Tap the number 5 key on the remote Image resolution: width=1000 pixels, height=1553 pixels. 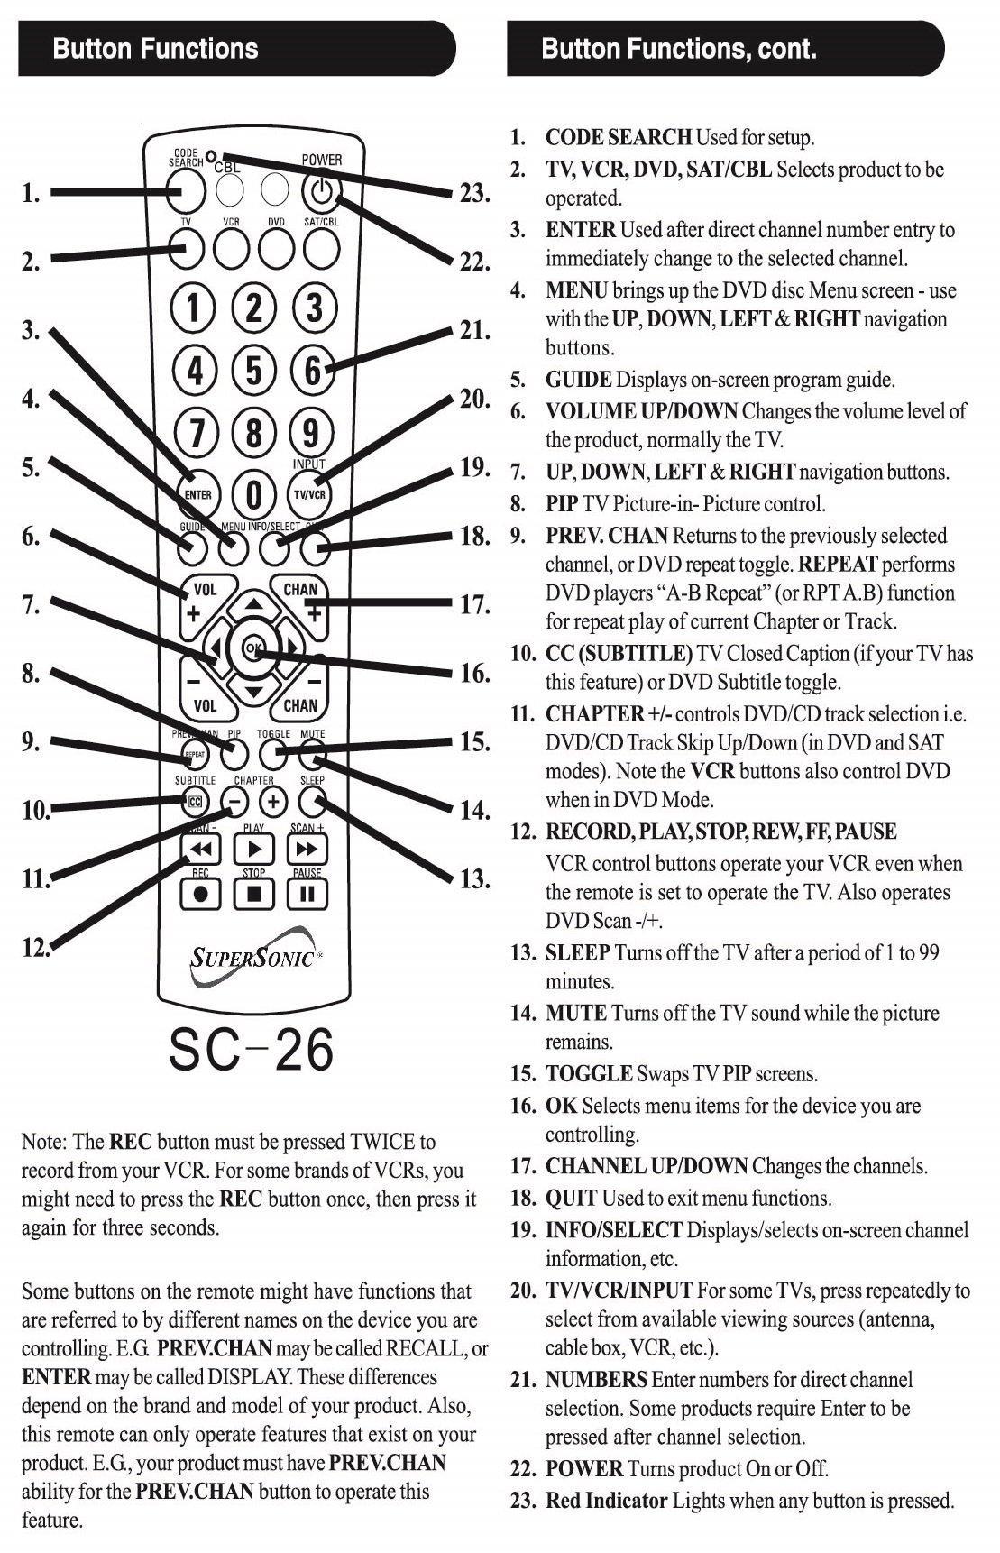coord(254,370)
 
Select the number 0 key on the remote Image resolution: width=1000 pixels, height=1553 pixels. coord(254,493)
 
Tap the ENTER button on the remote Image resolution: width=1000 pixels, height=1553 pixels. coord(197,493)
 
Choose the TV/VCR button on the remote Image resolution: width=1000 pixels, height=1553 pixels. coord(309,494)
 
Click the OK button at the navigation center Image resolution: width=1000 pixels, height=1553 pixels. coord(254,648)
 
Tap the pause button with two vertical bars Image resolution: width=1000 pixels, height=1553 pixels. coord(307,895)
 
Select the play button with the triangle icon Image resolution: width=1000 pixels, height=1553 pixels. coord(254,850)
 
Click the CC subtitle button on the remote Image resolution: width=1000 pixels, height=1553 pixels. coord(196,801)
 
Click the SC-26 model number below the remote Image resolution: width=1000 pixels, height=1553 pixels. coord(252,1050)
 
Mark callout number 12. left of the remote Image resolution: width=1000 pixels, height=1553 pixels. coord(35,947)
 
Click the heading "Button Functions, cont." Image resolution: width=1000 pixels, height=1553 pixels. coord(678,49)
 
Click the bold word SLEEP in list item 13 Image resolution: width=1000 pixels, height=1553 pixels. coord(578,953)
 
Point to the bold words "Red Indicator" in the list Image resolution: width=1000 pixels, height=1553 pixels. coord(606,1501)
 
